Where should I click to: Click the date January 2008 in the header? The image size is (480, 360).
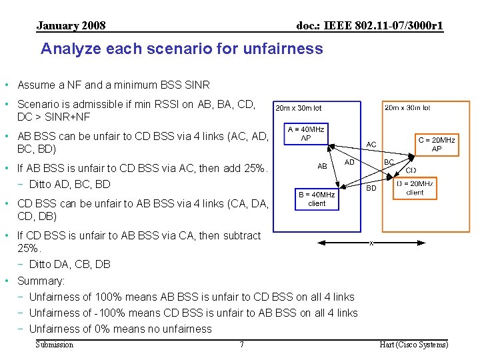(71, 26)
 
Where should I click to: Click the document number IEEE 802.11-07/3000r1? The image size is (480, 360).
(369, 26)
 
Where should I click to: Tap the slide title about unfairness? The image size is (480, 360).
(181, 49)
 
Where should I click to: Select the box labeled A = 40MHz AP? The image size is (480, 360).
(306, 133)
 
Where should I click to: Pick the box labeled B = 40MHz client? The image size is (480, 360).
(317, 199)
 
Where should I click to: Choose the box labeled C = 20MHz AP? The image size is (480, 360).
(436, 144)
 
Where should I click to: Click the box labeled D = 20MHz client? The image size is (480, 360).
(414, 187)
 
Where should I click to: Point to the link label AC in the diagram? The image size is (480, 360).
(371, 144)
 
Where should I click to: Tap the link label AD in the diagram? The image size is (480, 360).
(349, 162)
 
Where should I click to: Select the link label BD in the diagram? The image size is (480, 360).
(372, 188)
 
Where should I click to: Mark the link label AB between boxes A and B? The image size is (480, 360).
(322, 166)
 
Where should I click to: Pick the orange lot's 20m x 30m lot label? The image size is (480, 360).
(407, 107)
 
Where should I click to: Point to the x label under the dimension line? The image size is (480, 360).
(371, 243)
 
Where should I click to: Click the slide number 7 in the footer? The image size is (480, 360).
(241, 345)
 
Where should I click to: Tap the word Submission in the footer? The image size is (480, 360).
(54, 345)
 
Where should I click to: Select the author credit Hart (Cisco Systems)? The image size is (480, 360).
(413, 345)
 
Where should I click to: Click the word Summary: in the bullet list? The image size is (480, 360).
(41, 281)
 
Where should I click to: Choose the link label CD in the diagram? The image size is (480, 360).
(411, 170)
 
